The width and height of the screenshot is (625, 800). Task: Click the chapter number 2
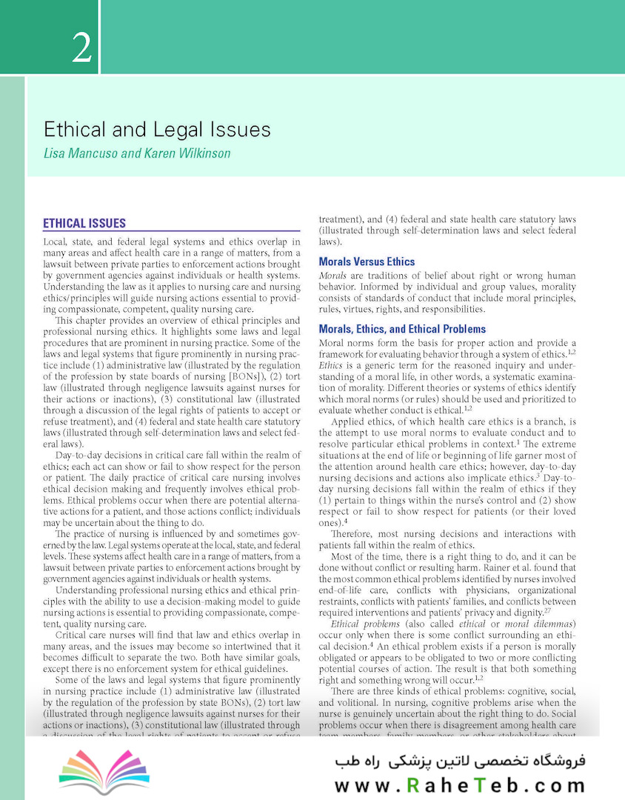pos(82,47)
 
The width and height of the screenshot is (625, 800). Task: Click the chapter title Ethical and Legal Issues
pos(157,130)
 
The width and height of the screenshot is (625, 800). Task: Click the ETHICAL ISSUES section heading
pos(84,223)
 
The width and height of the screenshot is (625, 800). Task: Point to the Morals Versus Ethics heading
pos(367,261)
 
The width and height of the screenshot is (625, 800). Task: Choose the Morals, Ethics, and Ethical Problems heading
pos(402,329)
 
